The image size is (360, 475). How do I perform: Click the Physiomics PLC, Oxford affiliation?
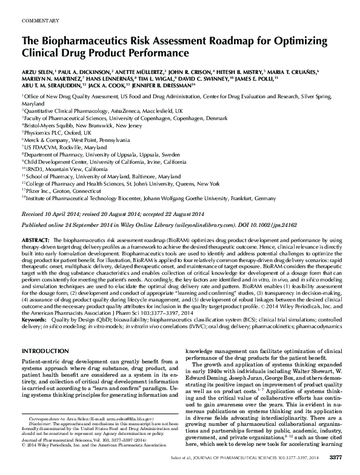coord(55,132)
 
